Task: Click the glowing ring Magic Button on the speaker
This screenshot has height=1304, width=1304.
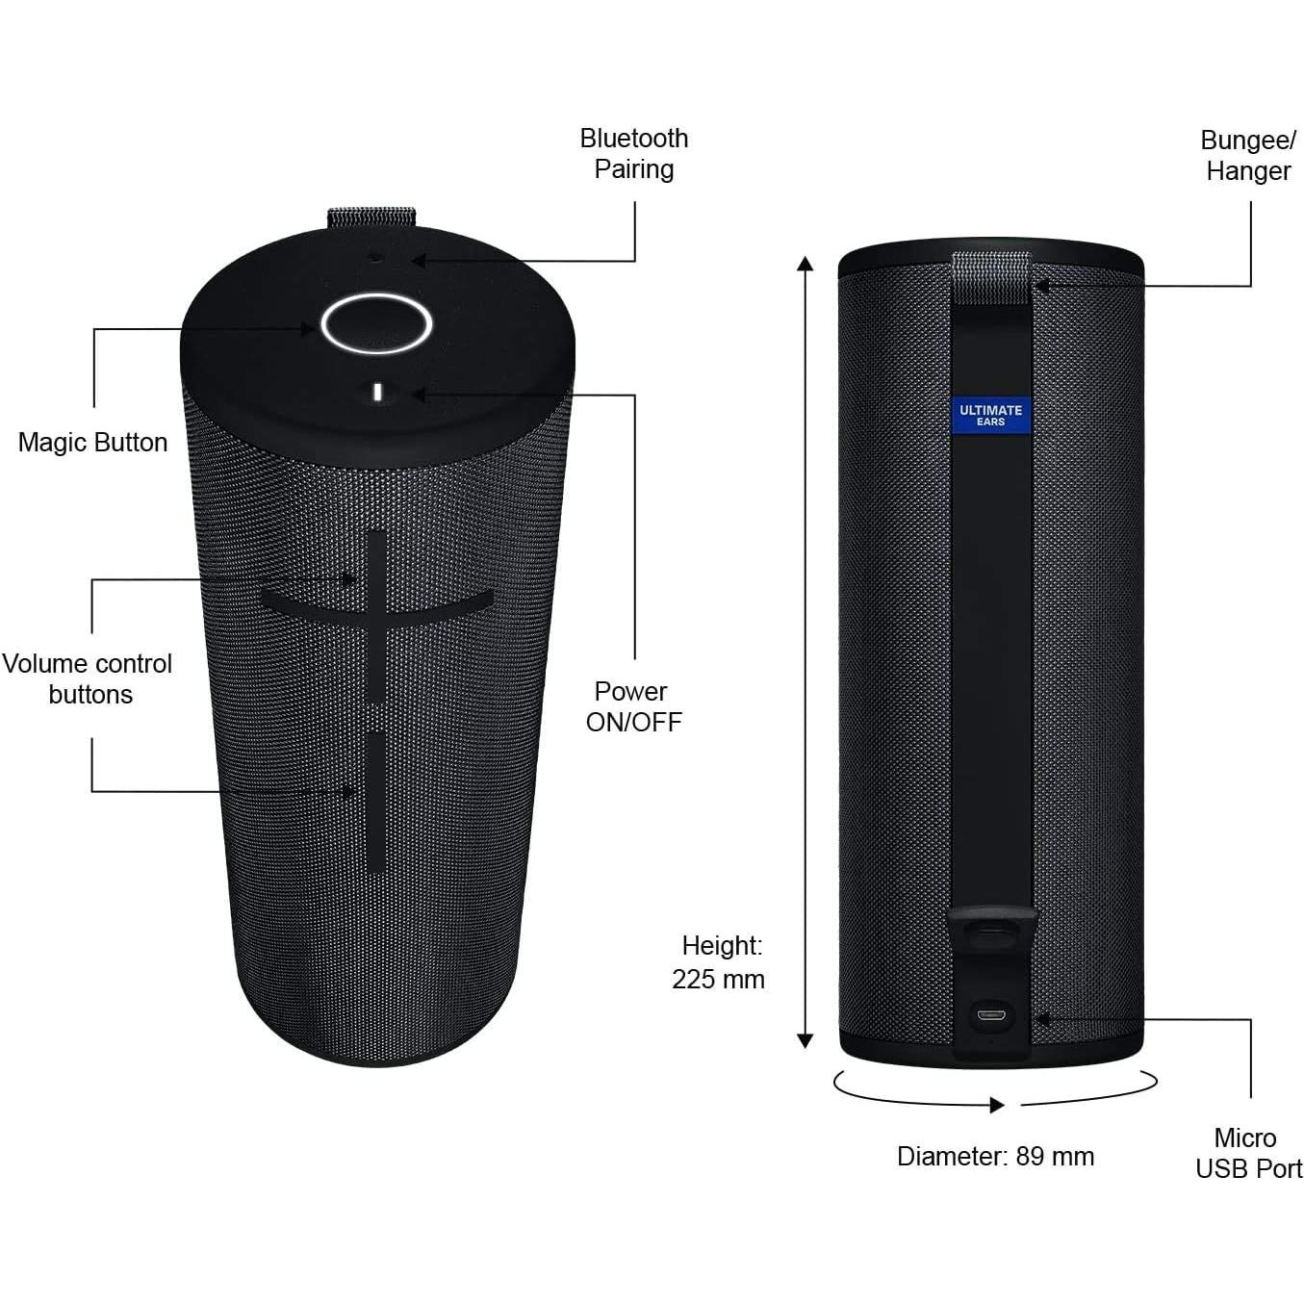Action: click(375, 323)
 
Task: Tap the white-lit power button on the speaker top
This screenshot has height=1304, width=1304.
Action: click(377, 392)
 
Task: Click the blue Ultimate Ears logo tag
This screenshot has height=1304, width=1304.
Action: click(990, 415)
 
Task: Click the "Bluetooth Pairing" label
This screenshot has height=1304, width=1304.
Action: click(633, 154)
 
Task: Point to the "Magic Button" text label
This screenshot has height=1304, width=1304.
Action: click(92, 443)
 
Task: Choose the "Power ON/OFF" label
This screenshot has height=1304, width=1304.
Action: click(633, 706)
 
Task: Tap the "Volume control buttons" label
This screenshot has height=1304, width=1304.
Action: click(88, 678)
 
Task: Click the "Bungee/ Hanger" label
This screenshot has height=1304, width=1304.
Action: click(1248, 155)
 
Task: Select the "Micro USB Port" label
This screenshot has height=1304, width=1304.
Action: click(1248, 1153)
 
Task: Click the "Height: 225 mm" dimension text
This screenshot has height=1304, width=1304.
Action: click(719, 962)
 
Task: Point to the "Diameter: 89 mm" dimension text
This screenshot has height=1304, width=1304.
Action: click(995, 1156)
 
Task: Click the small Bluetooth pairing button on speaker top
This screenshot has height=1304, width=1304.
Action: click(375, 257)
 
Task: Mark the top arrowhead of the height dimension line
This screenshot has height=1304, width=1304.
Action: click(805, 264)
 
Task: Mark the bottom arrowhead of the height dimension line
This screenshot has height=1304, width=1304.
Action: click(805, 1040)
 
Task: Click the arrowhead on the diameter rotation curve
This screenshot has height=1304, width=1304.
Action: click(997, 1105)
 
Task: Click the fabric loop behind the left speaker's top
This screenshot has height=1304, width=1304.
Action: click(371, 217)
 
